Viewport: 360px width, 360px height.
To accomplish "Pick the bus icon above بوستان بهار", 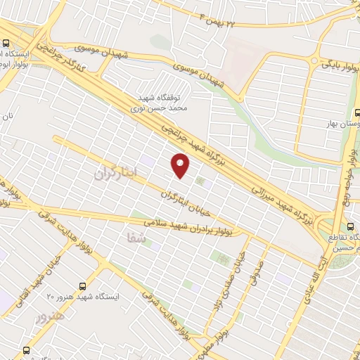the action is click(356, 112).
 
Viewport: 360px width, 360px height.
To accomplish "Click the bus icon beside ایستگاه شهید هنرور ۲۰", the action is click(84, 286).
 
